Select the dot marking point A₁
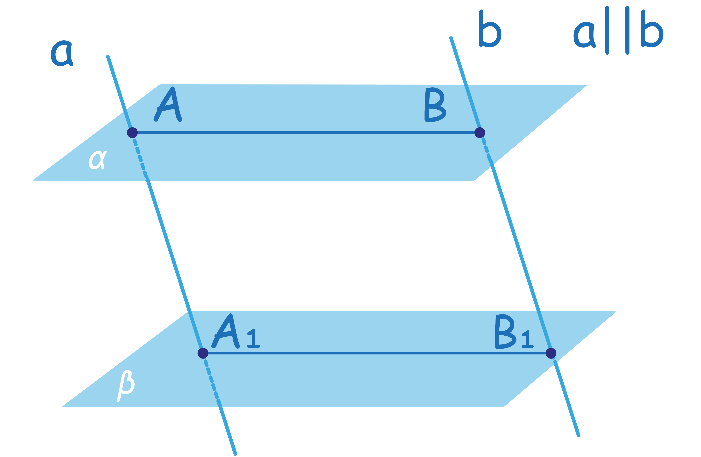203,353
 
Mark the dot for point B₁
551,353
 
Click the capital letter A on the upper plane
168,105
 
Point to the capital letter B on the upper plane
434,105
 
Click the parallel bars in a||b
617,31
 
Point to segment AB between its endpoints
306,133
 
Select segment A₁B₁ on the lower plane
377,353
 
